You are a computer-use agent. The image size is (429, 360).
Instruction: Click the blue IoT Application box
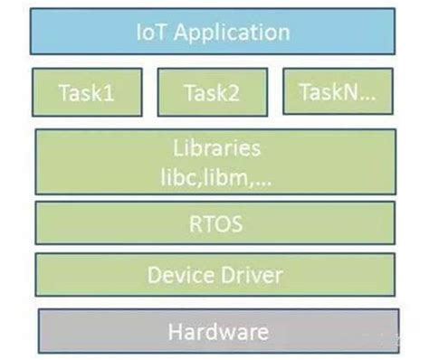(214, 33)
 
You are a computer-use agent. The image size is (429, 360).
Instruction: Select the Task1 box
(87, 92)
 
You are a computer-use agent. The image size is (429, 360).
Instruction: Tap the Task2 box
(214, 92)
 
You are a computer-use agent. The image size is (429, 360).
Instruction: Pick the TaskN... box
(339, 92)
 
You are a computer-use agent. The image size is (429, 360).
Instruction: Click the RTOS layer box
(214, 223)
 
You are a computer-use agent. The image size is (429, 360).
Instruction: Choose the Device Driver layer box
(214, 275)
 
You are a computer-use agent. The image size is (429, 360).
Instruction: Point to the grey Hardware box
(218, 331)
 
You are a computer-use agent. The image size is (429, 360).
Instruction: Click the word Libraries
(216, 147)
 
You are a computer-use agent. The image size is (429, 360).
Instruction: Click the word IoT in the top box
(151, 33)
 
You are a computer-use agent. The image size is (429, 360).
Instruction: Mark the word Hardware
(218, 332)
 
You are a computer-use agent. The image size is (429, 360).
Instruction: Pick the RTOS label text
(214, 223)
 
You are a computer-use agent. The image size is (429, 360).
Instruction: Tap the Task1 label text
(87, 92)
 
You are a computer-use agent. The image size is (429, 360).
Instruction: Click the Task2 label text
(214, 92)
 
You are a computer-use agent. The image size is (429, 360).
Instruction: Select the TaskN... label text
(339, 92)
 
